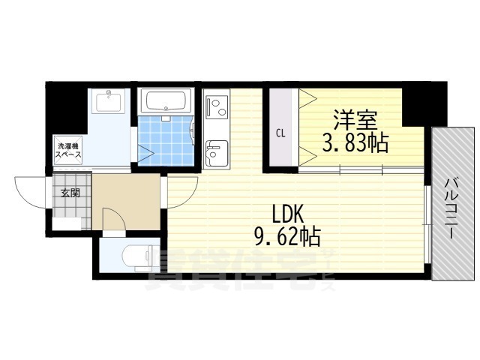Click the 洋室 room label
[x=355, y=120]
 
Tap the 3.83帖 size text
[x=355, y=142]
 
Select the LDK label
[x=288, y=214]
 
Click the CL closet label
[x=280, y=133]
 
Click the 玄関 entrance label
[x=70, y=193]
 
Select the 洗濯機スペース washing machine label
[x=68, y=150]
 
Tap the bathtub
[x=166, y=100]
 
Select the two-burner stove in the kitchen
[x=217, y=106]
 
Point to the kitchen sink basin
[x=217, y=153]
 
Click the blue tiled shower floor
[x=165, y=141]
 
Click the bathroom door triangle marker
[x=145, y=151]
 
